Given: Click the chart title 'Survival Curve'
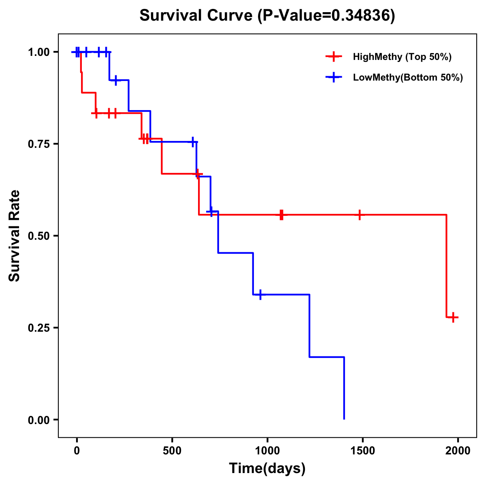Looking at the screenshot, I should tap(196, 15).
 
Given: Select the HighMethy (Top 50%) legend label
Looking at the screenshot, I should tap(402, 57).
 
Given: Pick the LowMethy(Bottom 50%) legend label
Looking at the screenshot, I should tap(407, 77).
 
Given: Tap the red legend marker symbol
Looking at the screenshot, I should tap(333, 57).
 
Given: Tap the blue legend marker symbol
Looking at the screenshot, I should tap(333, 77).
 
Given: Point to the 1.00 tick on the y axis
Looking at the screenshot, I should tap(38, 52).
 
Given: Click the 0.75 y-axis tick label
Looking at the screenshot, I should tap(38, 144).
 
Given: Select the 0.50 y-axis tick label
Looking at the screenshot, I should tap(38, 236).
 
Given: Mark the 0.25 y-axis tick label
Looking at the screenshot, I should tap(38, 328).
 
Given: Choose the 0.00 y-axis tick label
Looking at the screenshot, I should tap(38, 420).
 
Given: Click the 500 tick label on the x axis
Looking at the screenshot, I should tap(172, 450).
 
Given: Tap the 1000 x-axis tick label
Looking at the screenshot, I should tap(267, 450).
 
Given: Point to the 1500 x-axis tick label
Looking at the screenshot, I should tap(362, 450).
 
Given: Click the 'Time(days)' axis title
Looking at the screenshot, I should tap(267, 469).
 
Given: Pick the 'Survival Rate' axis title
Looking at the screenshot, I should tap(15, 236).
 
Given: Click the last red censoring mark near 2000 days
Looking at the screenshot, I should tap(453, 317).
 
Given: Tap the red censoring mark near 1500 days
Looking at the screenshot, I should tap(359, 215).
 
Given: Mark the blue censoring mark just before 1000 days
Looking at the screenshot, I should tap(260, 294).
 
